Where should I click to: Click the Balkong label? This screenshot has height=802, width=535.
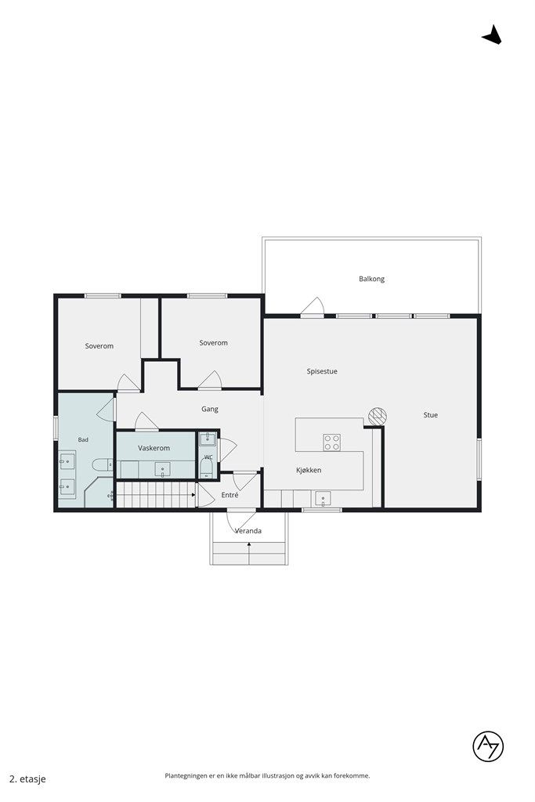tap(371, 279)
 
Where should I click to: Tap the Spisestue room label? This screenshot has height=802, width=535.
tap(322, 371)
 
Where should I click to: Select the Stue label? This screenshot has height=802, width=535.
tap(430, 415)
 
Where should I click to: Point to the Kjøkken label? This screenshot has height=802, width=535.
tap(309, 470)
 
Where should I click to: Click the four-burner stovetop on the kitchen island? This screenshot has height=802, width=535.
tap(331, 442)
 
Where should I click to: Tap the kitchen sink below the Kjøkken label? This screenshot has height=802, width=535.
tap(322, 498)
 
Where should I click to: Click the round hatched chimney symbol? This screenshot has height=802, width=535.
tap(378, 415)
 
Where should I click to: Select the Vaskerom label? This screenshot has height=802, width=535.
tap(154, 448)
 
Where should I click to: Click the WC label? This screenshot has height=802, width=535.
tap(208, 457)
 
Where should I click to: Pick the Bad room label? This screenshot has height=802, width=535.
tap(83, 440)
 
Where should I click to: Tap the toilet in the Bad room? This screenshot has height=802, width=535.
tap(103, 464)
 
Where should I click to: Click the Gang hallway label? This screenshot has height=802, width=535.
tap(210, 409)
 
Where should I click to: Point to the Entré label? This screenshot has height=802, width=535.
tap(230, 495)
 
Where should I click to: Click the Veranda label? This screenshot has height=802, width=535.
tap(248, 531)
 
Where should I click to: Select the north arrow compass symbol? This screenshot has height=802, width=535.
tap(492, 34)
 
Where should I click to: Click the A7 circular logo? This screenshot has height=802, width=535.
tap(488, 746)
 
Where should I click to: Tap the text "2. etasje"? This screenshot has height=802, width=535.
tap(27, 779)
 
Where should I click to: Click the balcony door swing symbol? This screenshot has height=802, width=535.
tap(313, 307)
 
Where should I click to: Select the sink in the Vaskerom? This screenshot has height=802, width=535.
tap(163, 470)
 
